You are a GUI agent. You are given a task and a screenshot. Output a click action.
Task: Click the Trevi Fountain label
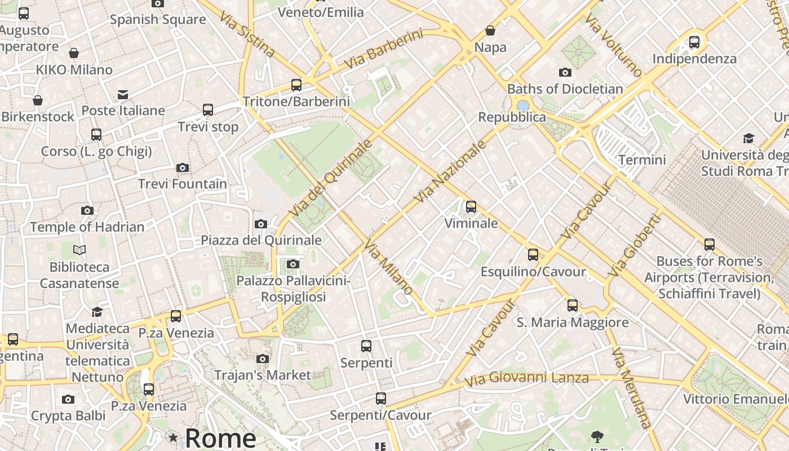183,184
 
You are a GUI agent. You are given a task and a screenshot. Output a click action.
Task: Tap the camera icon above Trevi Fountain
183,167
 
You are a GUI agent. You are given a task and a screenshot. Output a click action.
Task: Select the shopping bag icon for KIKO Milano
74,54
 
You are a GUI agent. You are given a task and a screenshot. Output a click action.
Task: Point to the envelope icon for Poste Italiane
123,94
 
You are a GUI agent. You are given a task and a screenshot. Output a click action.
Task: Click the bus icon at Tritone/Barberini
296,85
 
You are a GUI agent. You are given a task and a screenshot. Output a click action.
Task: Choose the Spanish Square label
158,20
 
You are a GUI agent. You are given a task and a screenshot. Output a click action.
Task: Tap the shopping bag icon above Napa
490,30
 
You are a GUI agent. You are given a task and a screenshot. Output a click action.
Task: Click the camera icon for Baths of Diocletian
565,72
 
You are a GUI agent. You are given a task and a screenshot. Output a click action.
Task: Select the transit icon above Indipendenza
694,42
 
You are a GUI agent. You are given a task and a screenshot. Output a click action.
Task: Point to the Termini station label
642,160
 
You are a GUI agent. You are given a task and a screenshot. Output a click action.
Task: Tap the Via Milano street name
389,267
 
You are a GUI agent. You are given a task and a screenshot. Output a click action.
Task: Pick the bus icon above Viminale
471,207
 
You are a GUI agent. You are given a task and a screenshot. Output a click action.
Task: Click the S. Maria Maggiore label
573,322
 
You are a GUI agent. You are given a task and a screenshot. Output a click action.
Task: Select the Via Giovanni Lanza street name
527,378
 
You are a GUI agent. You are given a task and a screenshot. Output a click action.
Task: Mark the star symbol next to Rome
173,437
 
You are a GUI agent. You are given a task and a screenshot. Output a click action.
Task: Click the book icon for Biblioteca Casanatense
79,250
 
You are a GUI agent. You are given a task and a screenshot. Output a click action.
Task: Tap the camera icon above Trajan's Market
262,359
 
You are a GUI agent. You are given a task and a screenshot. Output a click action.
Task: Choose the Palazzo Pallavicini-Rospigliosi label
294,289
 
